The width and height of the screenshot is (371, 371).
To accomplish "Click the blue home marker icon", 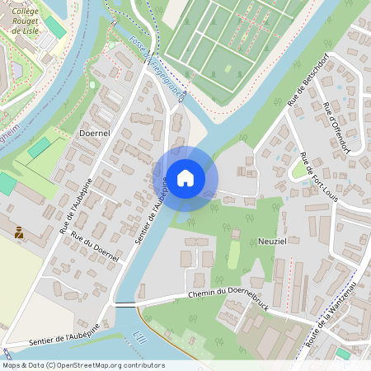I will coord(185,177).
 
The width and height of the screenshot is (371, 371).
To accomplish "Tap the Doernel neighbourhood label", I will coord(95,132).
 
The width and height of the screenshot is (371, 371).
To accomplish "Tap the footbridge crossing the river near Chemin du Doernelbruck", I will coord(124,304).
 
